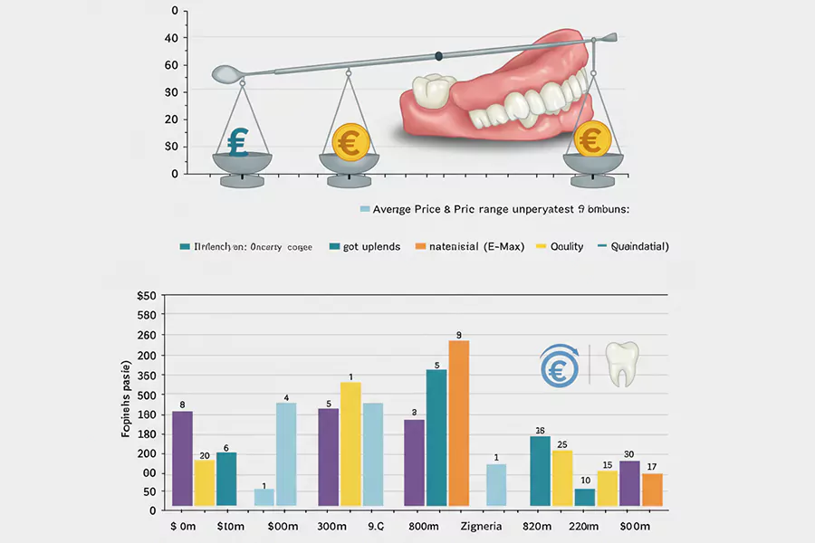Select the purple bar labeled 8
(x=182, y=458)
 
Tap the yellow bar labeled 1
(x=350, y=443)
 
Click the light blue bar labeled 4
(x=286, y=453)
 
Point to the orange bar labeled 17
(x=652, y=490)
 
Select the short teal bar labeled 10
(x=585, y=497)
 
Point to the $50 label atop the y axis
(x=146, y=296)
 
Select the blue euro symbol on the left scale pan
(x=238, y=143)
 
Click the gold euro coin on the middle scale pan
(x=348, y=140)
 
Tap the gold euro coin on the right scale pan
(x=590, y=139)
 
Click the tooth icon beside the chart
(x=621, y=364)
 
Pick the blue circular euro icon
(x=559, y=366)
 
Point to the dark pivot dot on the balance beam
(x=438, y=56)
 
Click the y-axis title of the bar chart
(x=126, y=399)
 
